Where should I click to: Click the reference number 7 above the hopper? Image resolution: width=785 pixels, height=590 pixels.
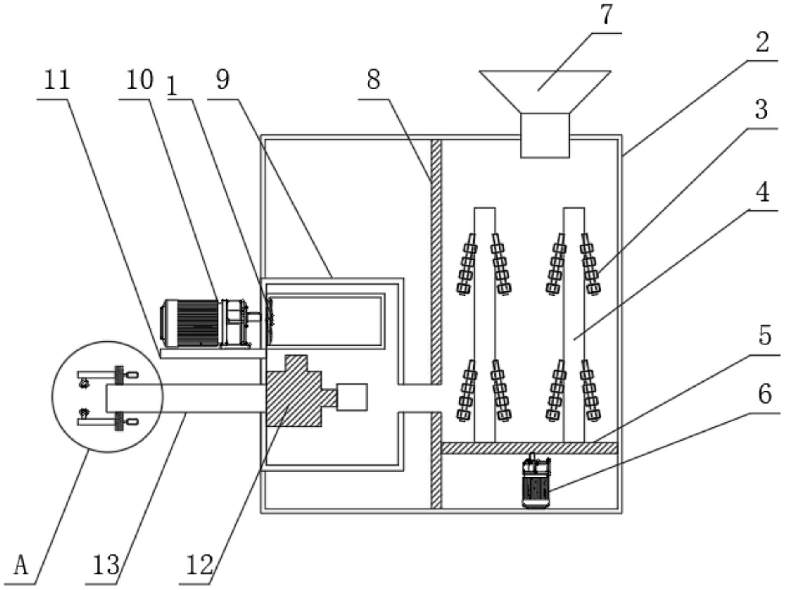[x=606, y=16]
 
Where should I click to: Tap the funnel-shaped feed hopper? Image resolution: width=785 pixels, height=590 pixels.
[x=545, y=90]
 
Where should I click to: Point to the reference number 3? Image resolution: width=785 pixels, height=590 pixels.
[x=761, y=110]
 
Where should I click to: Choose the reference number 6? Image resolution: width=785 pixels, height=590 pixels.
[x=765, y=394]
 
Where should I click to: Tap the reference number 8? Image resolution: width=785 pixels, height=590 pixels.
[x=373, y=80]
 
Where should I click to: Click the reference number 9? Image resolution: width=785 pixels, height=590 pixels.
[x=223, y=80]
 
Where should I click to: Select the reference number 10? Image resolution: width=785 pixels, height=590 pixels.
[x=139, y=80]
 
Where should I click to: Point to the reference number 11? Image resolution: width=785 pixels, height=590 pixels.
[x=57, y=80]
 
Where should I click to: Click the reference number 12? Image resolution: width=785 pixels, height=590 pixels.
[x=199, y=565]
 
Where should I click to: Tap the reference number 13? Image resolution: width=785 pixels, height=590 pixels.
[x=106, y=565]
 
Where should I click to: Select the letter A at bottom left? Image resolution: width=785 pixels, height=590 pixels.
[x=21, y=565]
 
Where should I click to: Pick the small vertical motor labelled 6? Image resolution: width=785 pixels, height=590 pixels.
[x=536, y=485]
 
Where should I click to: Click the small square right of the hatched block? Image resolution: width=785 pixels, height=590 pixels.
[x=352, y=397]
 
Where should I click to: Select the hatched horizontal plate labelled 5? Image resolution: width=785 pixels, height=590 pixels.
[x=529, y=448]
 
